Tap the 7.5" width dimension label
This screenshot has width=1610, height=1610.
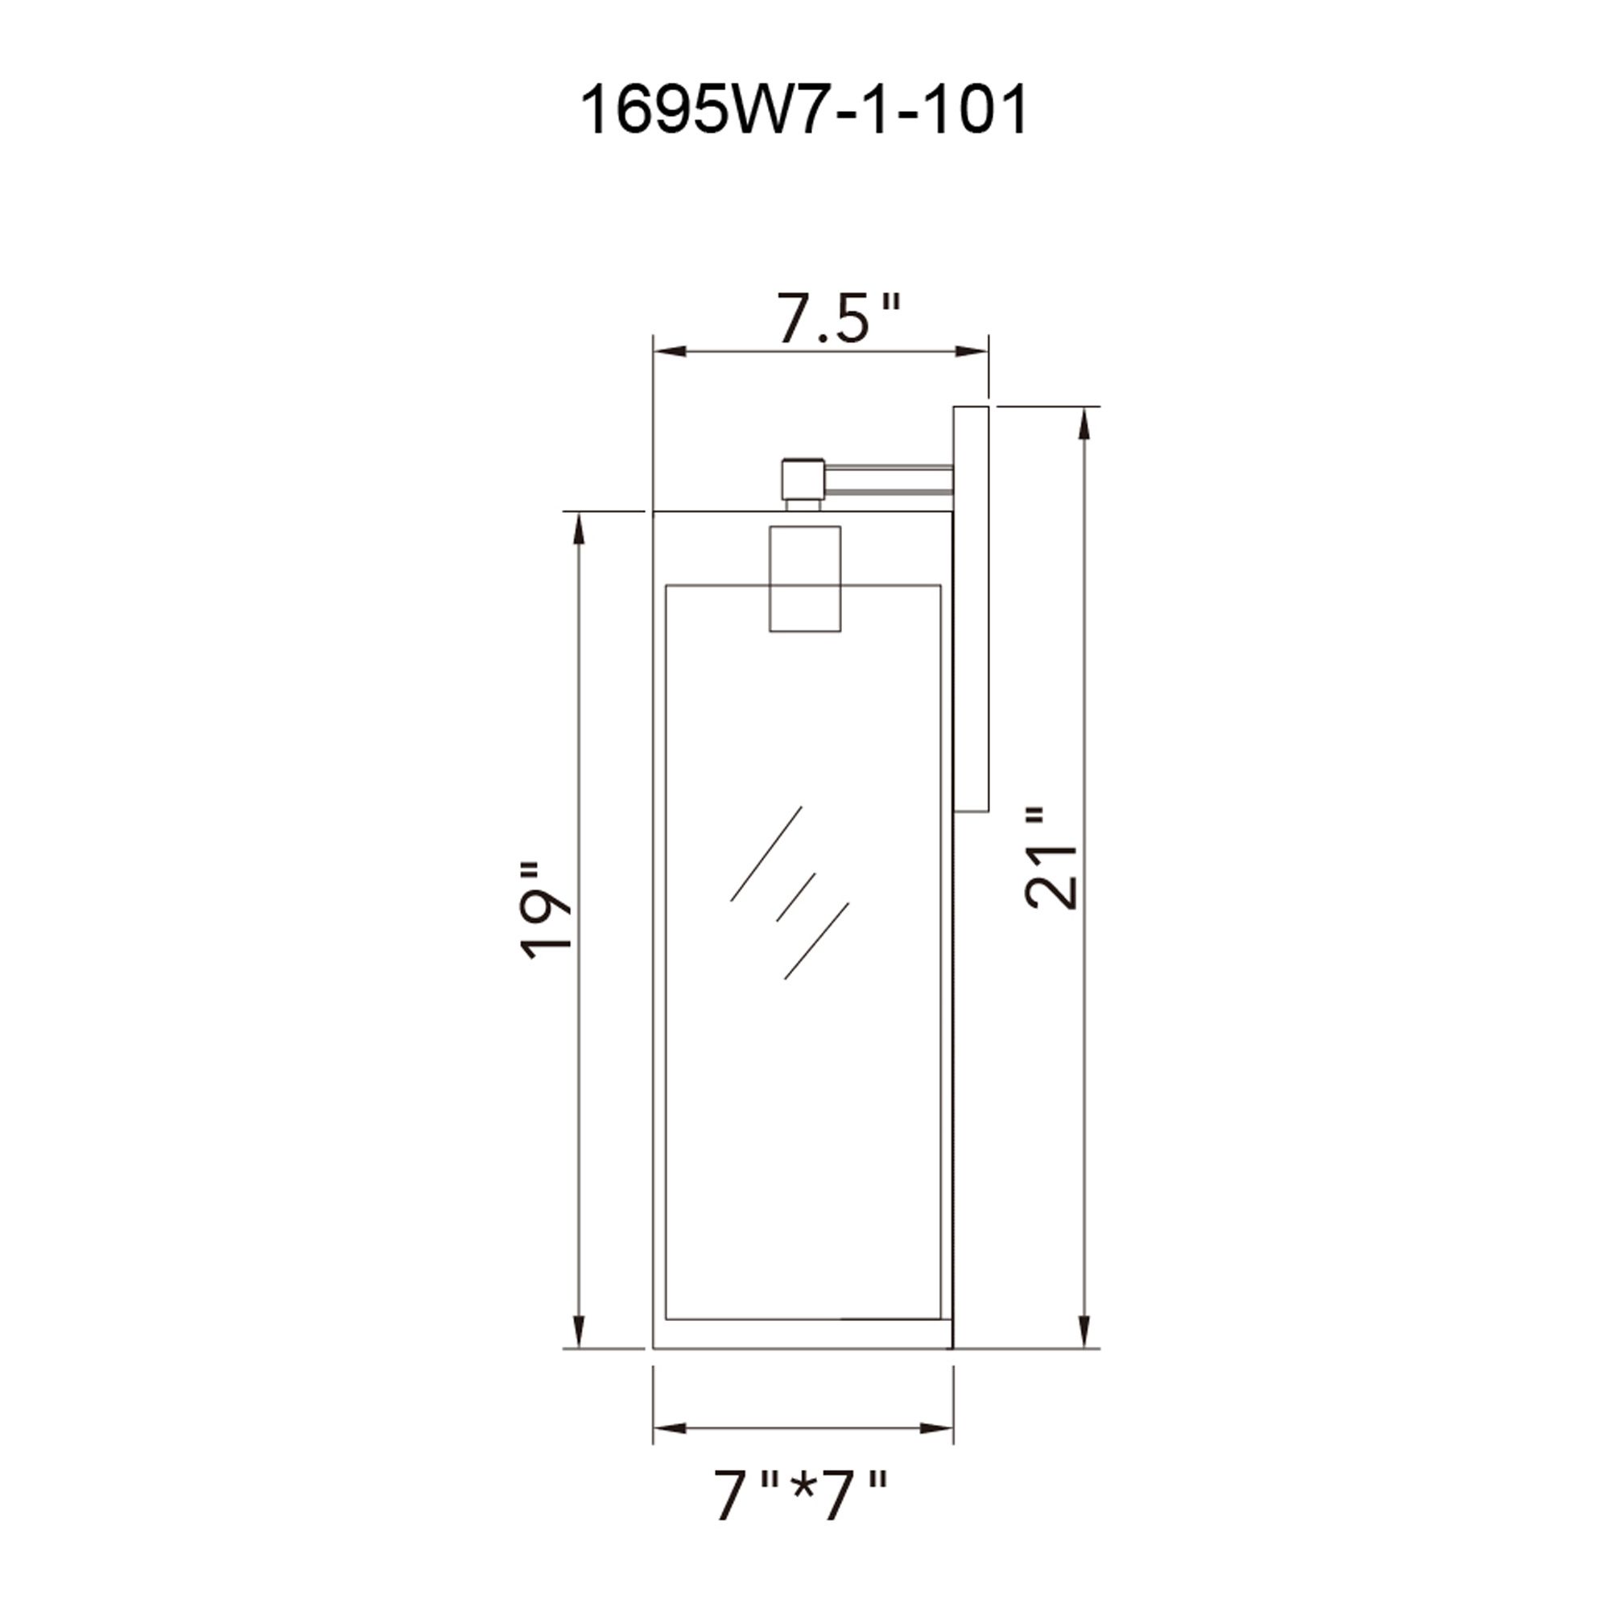pos(838,317)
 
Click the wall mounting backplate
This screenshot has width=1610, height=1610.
pos(971,609)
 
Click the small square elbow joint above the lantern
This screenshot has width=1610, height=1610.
pos(803,478)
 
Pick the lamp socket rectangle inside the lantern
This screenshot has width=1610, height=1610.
pos(804,578)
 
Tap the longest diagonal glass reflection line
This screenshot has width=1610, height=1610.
pos(766,853)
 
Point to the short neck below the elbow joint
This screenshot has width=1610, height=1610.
pos(803,504)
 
